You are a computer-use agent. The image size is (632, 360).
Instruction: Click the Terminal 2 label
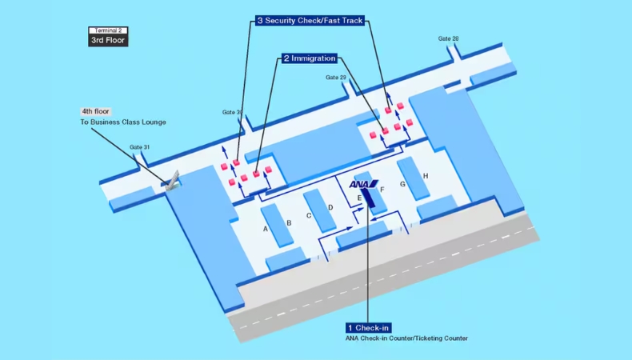107,30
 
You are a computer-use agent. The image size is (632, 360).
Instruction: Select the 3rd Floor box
107,39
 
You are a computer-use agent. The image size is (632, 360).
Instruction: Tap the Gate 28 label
449,38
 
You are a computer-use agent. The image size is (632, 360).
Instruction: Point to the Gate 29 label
336,78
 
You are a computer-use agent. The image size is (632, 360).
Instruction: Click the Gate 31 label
140,147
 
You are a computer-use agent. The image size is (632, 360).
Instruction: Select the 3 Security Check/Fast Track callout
310,20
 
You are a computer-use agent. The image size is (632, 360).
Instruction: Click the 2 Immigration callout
308,58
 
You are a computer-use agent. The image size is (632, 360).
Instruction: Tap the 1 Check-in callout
369,328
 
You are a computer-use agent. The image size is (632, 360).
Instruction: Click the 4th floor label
95,111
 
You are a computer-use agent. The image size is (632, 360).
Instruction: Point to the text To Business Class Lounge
122,122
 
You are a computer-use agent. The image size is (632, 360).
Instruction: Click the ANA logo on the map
362,185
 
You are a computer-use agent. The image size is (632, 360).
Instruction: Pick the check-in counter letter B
289,222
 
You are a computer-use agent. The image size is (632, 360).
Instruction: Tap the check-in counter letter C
309,215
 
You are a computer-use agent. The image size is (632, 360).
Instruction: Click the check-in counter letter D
330,207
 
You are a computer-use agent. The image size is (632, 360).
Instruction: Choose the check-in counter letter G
403,184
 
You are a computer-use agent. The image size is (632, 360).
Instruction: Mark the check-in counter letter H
426,176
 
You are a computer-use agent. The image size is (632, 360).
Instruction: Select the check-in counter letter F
382,190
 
